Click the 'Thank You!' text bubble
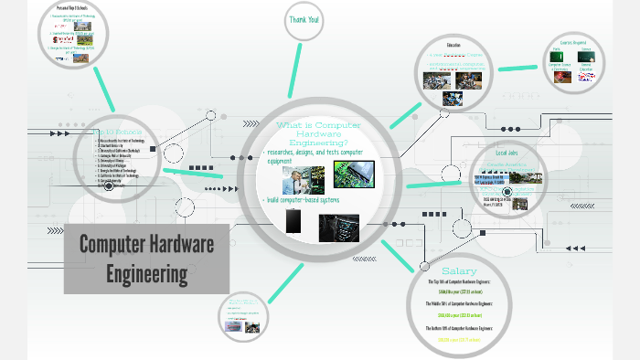click(304, 19)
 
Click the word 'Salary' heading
click(459, 271)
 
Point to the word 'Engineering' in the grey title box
click(146, 272)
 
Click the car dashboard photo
click(338, 227)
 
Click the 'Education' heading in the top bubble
click(454, 45)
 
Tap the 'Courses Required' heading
click(574, 42)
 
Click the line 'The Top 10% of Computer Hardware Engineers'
click(459, 282)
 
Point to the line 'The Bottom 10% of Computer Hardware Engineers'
click(459, 327)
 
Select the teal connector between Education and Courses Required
click(517, 68)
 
